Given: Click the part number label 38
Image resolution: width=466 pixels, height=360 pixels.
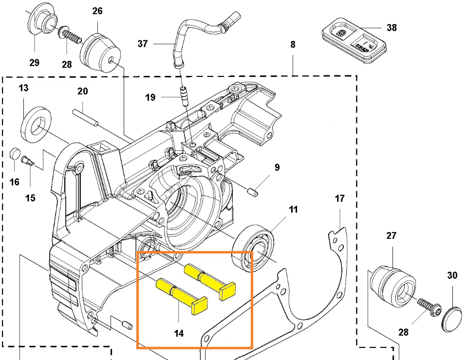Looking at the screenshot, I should (391, 28).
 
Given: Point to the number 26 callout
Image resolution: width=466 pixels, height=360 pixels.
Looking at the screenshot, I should (97, 11).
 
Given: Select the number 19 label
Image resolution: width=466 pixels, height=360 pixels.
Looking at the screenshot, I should (150, 98).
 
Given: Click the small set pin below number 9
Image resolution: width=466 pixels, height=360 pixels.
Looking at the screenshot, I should (253, 191).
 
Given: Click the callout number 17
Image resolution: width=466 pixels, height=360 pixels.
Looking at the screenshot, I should (339, 198).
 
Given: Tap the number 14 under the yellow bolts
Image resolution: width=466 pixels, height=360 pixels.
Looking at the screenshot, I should (179, 334).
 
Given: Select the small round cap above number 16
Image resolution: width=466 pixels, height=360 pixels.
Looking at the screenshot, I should (15, 154).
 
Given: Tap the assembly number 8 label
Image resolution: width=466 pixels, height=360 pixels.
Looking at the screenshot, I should (293, 45).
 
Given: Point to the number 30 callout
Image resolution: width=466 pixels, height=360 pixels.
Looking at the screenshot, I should (452, 276).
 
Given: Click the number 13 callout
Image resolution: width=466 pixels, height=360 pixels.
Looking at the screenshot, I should (23, 88).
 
